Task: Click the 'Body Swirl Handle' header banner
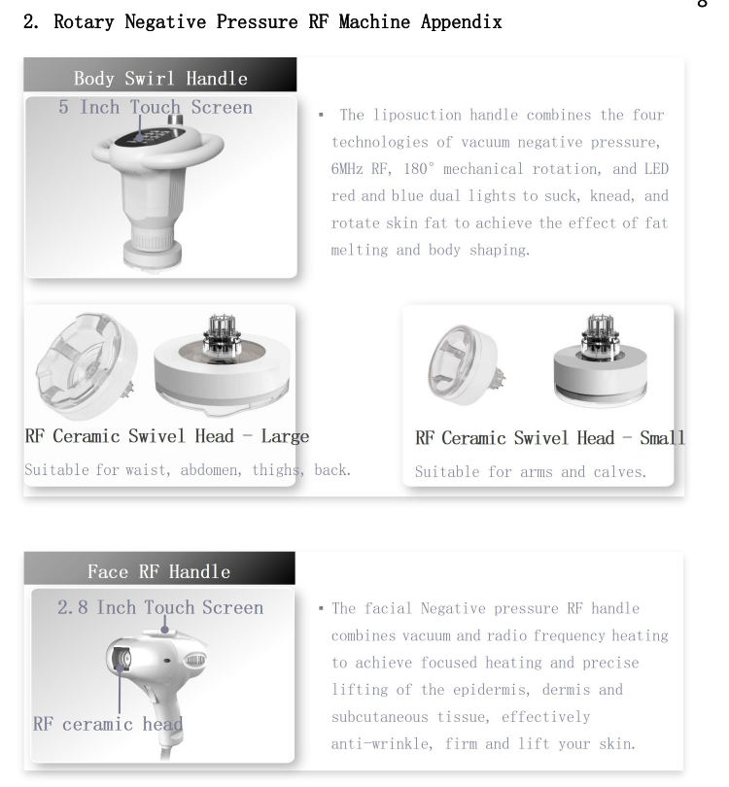(x=160, y=75)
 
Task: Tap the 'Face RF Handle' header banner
(x=159, y=568)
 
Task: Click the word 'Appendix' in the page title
(x=462, y=22)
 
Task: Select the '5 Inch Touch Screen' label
(x=156, y=107)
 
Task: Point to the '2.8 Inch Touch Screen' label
(x=160, y=607)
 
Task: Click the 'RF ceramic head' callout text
(x=108, y=724)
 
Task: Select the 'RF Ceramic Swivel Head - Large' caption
(x=166, y=436)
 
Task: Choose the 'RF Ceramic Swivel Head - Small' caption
(x=550, y=438)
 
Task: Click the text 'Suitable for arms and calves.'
(x=530, y=472)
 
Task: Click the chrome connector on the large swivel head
(x=222, y=334)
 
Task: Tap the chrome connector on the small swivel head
(x=600, y=336)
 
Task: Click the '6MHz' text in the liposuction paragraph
(x=347, y=169)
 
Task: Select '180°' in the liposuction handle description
(x=419, y=168)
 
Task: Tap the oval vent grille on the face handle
(x=194, y=660)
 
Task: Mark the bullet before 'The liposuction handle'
(x=321, y=115)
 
